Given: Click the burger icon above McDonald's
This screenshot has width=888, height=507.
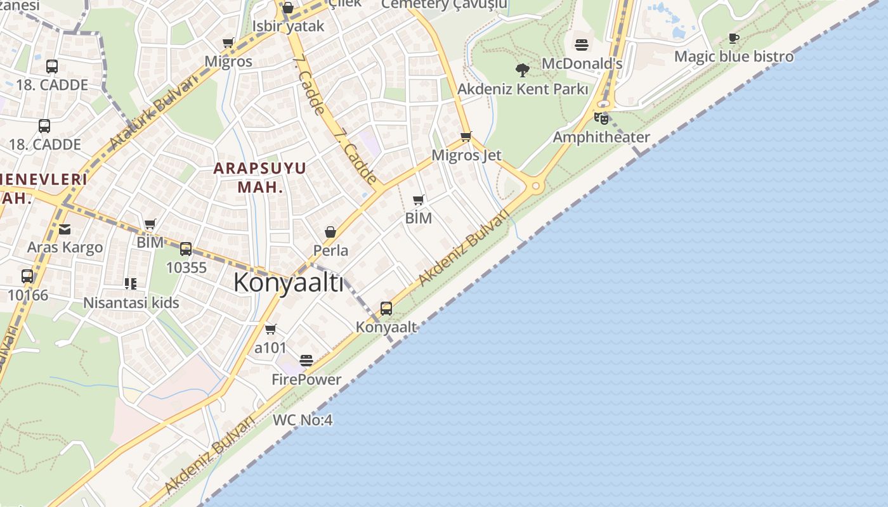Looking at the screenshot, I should coord(582,45).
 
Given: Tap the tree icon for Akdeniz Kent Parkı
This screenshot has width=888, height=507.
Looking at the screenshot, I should coord(523,70).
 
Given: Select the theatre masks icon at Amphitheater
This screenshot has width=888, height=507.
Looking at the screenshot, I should coord(601,118).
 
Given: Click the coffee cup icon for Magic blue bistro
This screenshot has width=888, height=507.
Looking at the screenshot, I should coord(734,38).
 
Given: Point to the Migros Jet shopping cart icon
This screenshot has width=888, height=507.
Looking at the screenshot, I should coord(466,136).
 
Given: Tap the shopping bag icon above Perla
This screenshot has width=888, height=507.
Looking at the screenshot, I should coord(330,232).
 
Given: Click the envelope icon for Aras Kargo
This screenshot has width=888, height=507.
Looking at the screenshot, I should coord(65,229).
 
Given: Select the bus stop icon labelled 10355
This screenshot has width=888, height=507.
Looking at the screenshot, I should coord(186,249).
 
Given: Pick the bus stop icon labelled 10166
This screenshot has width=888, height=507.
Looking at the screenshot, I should coord(27,276).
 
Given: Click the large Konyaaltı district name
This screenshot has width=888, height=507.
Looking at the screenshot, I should coord(289,283).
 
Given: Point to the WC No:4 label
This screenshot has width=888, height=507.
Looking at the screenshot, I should coord(303,420).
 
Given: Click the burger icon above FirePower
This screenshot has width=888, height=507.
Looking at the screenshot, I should coord(306,361).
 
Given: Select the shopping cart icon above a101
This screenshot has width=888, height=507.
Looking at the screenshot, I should coord(271,329).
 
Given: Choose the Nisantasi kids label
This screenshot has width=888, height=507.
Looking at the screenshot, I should coord(131,303).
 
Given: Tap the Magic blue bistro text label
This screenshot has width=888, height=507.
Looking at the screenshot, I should coord(734,56).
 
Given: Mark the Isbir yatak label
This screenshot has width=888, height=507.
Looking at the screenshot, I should coord(288,26).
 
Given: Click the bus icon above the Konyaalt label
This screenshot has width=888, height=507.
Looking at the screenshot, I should coord(386,309).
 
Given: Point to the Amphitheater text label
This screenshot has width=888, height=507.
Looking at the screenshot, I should coord(601,137).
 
